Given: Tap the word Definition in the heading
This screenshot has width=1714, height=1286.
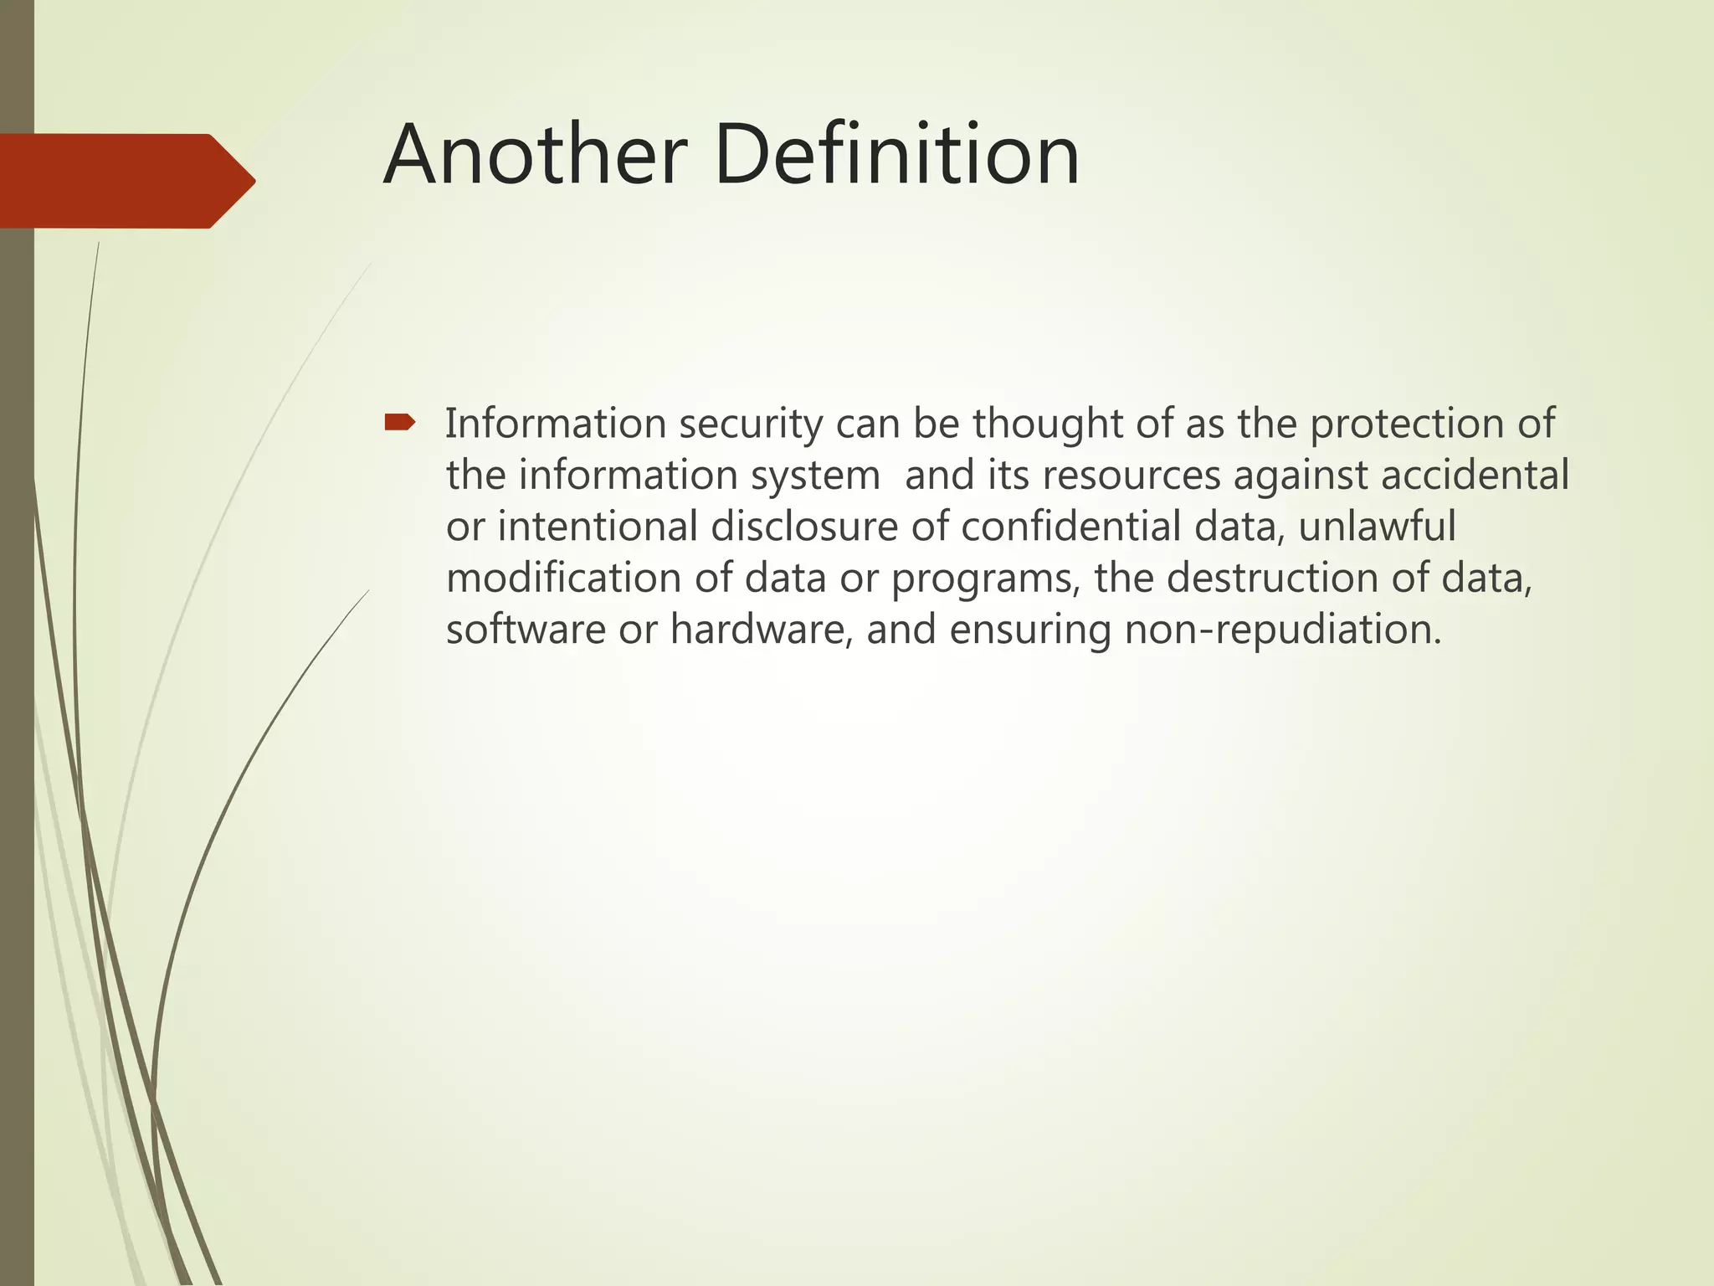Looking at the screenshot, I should [x=896, y=155].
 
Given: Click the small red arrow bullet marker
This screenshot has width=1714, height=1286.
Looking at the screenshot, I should [x=399, y=423].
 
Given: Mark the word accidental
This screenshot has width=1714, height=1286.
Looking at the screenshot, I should [x=1474, y=476].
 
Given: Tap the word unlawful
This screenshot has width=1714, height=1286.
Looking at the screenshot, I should [x=1377, y=527].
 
